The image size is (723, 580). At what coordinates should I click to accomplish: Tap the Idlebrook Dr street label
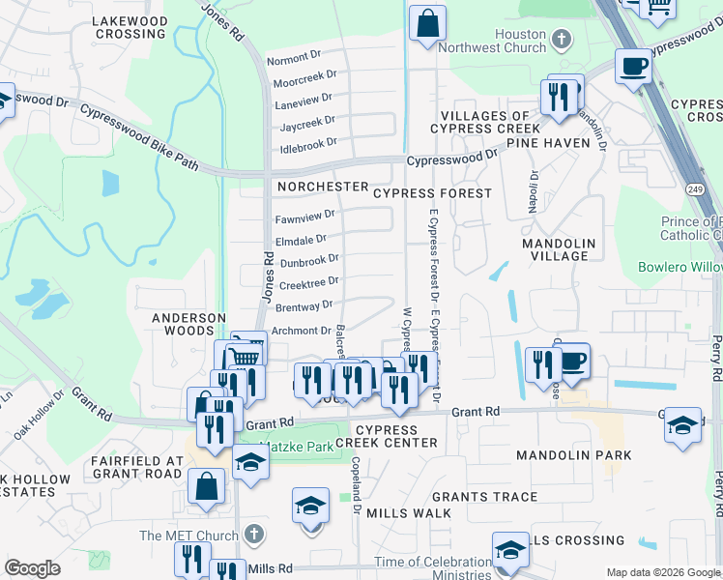pos(307,143)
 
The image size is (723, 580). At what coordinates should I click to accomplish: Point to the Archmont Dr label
pos(302,331)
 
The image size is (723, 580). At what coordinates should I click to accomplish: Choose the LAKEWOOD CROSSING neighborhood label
pos(130,27)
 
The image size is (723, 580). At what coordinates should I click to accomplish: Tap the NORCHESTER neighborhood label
pos(322,186)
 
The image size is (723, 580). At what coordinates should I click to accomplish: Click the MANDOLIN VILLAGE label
pos(559,249)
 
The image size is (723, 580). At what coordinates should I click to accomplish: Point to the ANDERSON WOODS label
pos(188,324)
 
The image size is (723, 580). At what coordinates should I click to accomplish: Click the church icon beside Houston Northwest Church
pos(561,39)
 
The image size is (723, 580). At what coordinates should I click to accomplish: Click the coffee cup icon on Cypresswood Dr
pos(633,67)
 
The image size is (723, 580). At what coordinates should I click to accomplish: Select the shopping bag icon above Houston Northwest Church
pos(426,22)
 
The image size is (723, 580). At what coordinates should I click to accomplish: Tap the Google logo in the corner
pos(32,568)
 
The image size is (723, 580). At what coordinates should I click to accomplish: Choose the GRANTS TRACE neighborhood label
pos(491,497)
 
